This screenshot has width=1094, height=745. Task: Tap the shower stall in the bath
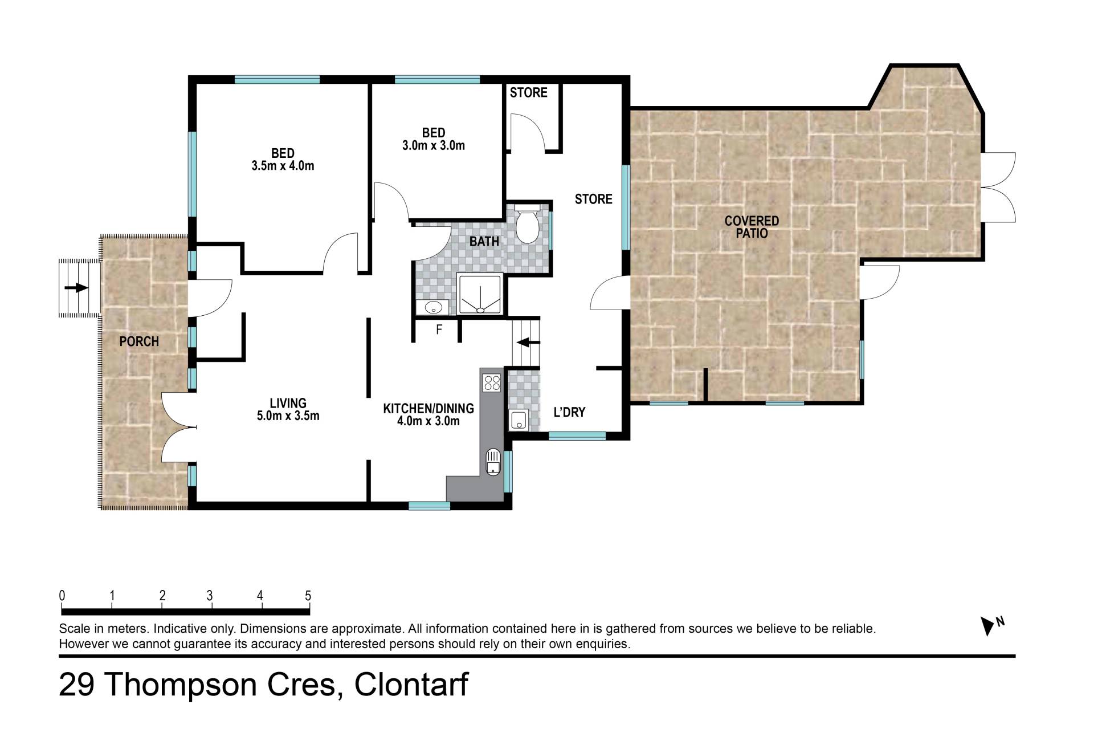[480, 295]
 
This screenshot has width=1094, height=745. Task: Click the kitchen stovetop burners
[491, 382]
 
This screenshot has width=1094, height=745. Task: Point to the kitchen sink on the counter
[493, 462]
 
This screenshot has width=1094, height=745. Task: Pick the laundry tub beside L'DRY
[519, 420]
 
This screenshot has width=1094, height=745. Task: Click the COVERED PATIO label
[752, 227]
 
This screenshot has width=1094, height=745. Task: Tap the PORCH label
[139, 341]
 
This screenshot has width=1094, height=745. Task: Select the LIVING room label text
[288, 404]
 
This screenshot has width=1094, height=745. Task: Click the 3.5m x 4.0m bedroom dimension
[283, 166]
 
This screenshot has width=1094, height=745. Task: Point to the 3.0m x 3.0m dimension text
[434, 145]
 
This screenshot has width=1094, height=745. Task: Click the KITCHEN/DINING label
[428, 409]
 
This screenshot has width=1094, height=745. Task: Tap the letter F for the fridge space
[439, 329]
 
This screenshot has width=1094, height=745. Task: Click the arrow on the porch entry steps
[76, 288]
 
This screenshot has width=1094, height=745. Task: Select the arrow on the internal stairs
[528, 342]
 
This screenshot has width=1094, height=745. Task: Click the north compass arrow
[987, 626]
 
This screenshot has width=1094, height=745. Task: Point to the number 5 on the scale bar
[308, 596]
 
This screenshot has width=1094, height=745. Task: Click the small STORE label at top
[528, 92]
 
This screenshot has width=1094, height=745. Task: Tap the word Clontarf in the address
[411, 684]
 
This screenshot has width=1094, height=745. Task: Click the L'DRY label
[569, 412]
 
